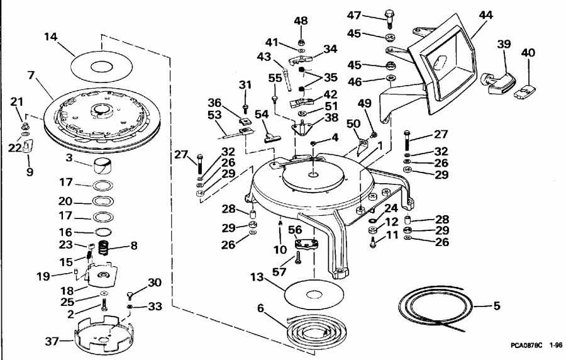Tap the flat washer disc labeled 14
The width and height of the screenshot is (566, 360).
pos(101,64)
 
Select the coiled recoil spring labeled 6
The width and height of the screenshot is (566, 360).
pos(307,328)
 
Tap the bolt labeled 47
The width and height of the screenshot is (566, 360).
pos(389,17)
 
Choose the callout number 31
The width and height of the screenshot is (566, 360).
pos(245,86)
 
